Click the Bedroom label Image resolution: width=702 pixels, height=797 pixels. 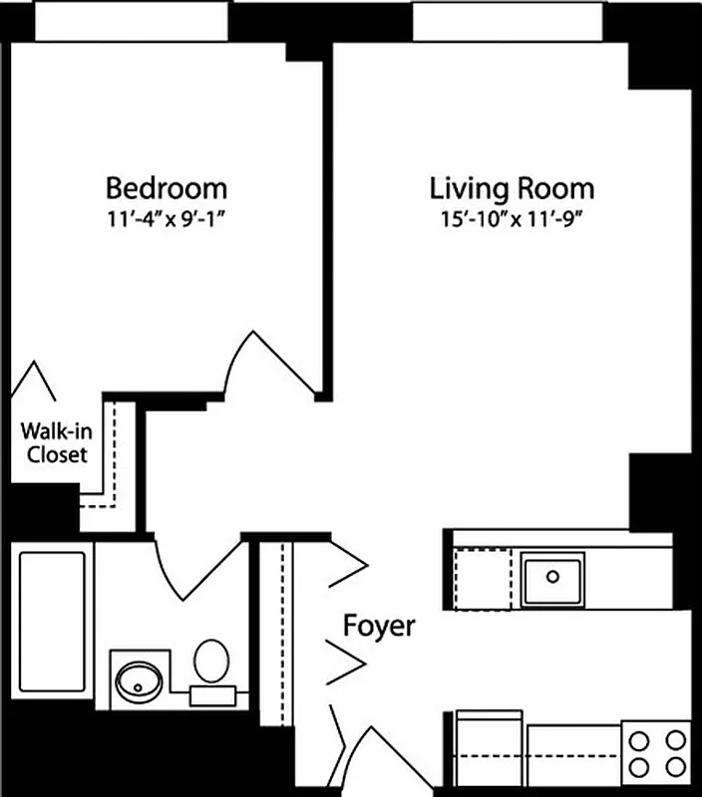coord(167,187)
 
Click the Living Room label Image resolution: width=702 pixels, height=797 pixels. coord(512,187)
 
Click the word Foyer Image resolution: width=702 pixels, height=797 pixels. coord(379,627)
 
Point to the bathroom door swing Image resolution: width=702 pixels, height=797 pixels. coord(199,568)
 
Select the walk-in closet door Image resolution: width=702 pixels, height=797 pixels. coord(37,382)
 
